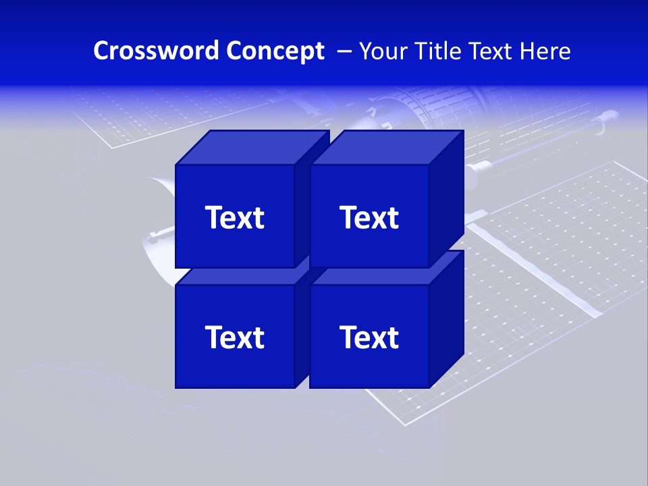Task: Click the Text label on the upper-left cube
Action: (x=234, y=217)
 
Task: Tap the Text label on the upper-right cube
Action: (x=369, y=217)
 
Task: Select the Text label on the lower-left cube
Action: (x=234, y=337)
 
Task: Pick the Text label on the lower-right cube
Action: (x=369, y=337)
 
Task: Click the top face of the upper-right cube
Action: (x=386, y=147)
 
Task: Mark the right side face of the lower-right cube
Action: (x=446, y=317)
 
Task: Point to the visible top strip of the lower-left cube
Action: (x=236, y=276)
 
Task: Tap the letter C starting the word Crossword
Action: (x=101, y=51)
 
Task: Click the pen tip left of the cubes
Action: (x=151, y=236)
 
